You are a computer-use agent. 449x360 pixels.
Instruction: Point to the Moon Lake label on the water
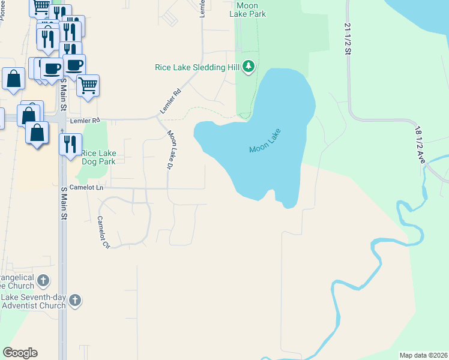[x=265, y=141]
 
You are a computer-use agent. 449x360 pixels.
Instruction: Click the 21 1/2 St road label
[x=348, y=38]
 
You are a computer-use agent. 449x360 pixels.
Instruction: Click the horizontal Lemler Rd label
[x=84, y=121]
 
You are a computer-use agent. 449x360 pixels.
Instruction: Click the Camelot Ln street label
[x=86, y=188]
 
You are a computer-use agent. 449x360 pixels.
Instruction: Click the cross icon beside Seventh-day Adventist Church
[x=74, y=301]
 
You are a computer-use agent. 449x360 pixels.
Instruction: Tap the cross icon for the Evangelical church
[x=43, y=280]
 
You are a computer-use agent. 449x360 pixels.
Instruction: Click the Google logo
[x=20, y=353]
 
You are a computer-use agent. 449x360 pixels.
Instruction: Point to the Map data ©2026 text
[x=423, y=355]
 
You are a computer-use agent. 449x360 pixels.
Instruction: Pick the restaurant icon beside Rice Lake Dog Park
[x=70, y=143]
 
